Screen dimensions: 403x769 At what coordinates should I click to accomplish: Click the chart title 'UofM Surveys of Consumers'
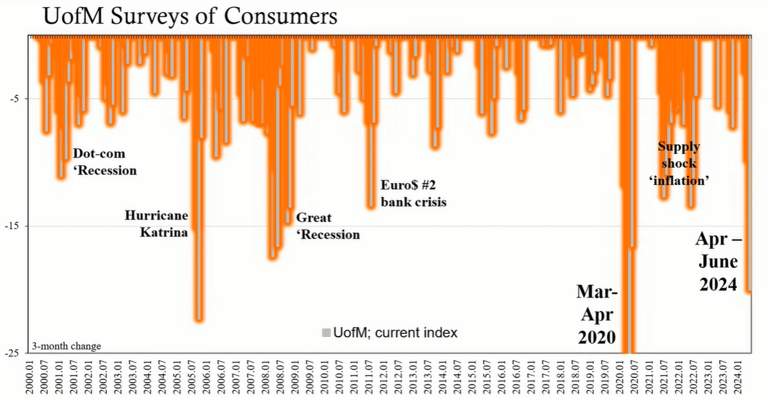click(190, 17)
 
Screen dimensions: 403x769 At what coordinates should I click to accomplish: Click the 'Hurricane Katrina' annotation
click(157, 224)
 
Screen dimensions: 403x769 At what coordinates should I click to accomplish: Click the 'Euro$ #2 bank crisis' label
click(412, 194)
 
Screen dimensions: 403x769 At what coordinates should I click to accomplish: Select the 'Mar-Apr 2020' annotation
click(597, 315)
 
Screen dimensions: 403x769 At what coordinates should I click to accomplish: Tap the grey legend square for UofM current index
click(326, 333)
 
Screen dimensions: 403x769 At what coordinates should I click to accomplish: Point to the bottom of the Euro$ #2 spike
click(371, 206)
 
